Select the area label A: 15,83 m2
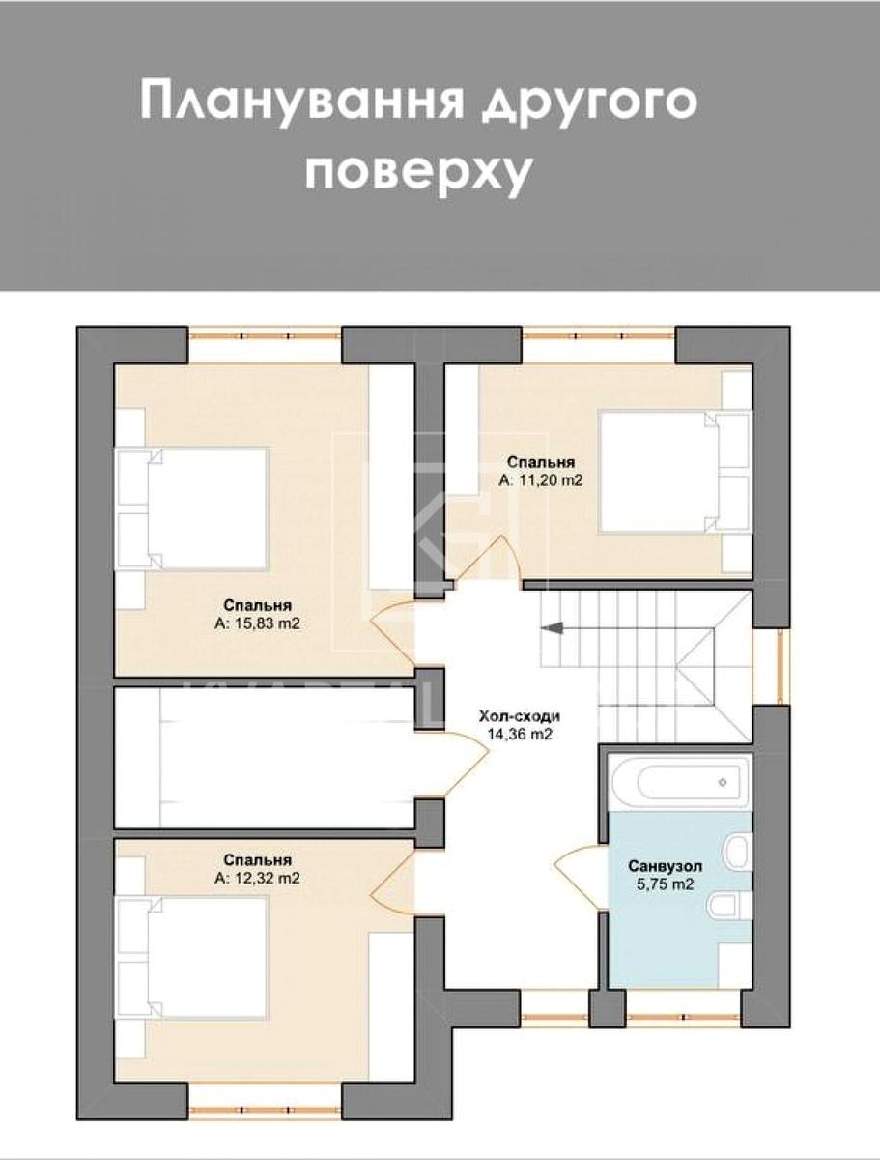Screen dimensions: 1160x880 (x=257, y=623)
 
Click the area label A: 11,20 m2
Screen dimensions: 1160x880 (x=541, y=479)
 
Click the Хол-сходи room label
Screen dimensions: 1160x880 (x=519, y=717)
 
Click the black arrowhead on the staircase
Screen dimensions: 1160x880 (x=552, y=628)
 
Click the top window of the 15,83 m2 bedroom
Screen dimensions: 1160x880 (x=265, y=335)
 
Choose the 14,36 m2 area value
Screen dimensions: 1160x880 (x=519, y=735)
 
